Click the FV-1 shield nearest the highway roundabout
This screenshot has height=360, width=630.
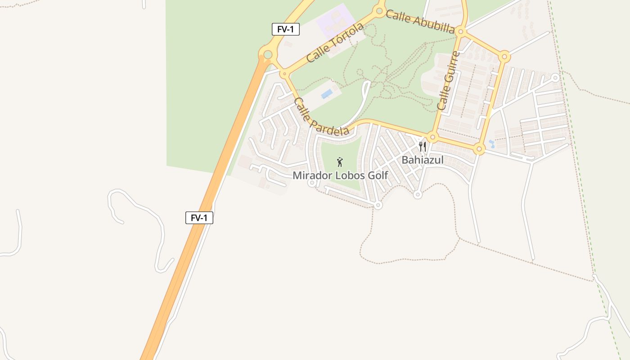point(285,30)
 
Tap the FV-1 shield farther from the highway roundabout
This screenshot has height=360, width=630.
point(199,218)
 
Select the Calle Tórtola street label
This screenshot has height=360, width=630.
point(335,43)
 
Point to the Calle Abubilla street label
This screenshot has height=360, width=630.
point(420,22)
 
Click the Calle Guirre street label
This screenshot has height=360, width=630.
point(449,81)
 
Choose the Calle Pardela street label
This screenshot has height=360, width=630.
point(321,117)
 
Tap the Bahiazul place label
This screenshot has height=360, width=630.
point(423,160)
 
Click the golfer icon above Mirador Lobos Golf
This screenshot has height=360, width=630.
point(340,162)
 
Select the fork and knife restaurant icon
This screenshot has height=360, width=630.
point(422,147)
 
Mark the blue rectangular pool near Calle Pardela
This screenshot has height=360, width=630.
point(327,94)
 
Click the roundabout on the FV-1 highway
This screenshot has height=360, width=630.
point(268,55)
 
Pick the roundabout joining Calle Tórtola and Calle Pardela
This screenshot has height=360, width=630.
point(284,73)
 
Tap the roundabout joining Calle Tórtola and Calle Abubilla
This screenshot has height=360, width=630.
point(379,10)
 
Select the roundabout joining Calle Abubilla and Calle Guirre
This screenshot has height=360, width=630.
point(460,31)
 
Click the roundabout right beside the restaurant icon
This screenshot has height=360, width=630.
point(433,137)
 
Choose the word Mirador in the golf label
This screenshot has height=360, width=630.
point(313,175)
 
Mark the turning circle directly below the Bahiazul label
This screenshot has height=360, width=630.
point(418,195)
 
